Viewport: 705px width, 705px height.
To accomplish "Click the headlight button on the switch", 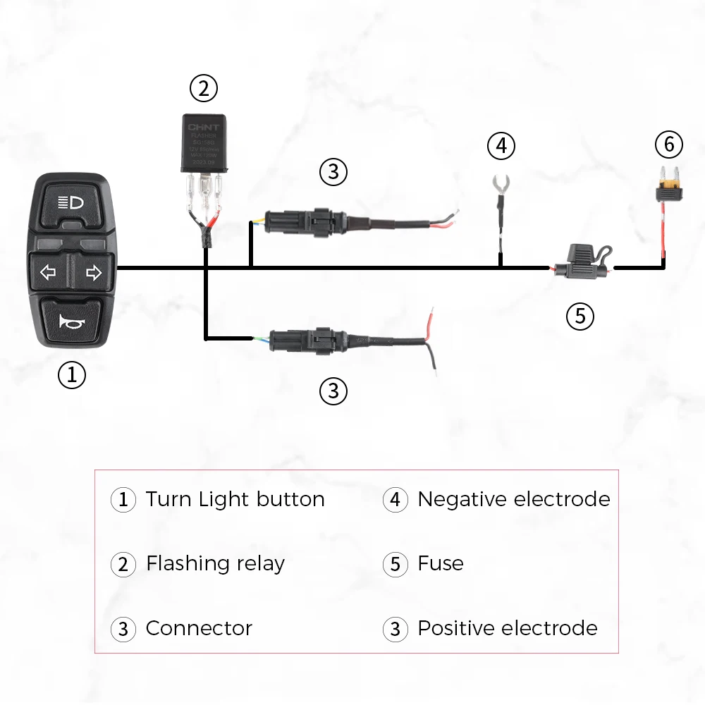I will pyautogui.click(x=71, y=203).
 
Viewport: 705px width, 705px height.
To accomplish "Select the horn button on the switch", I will pyautogui.click(x=71, y=321).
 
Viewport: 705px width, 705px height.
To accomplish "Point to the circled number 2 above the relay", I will pyautogui.click(x=204, y=89).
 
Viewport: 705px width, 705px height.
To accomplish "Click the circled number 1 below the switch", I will pyautogui.click(x=71, y=374).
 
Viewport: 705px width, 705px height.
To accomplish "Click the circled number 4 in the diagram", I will pyautogui.click(x=501, y=146).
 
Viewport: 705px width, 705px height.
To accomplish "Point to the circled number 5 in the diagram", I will pyautogui.click(x=580, y=316).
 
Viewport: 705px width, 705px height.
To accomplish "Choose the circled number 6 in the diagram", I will pyautogui.click(x=669, y=145).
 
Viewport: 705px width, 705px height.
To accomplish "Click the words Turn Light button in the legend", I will pyautogui.click(x=235, y=499).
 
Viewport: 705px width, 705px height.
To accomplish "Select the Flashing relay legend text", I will pyautogui.click(x=215, y=563).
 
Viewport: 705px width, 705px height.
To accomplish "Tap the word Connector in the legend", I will pyautogui.click(x=199, y=628).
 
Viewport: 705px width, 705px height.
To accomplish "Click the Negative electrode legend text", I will pyautogui.click(x=513, y=499).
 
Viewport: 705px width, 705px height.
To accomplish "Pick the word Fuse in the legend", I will pyautogui.click(x=441, y=563).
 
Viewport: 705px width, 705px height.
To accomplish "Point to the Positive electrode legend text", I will pyautogui.click(x=507, y=628).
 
